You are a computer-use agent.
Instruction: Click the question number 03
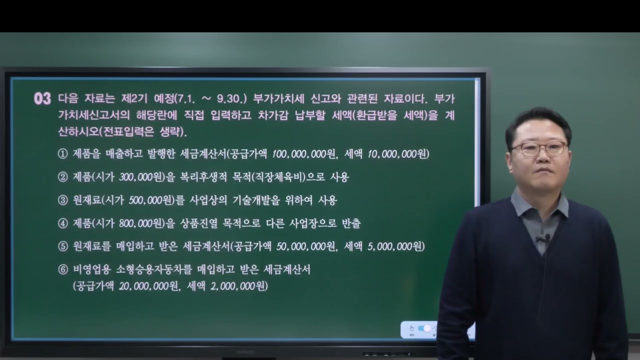point(42,98)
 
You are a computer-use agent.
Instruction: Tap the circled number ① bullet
point(62,154)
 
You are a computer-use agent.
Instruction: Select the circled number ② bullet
point(62,177)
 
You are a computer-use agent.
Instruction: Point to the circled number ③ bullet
point(62,200)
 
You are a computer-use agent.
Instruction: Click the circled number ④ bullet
point(62,223)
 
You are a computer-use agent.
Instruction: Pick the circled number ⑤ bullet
point(62,246)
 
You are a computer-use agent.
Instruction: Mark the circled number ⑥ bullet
point(62,269)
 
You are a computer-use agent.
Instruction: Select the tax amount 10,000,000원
point(398,154)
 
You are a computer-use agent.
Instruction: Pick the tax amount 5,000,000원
point(395,246)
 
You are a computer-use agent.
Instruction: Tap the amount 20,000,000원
point(148,286)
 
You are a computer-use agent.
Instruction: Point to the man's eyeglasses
point(539,148)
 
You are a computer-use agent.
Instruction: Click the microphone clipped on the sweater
point(546,237)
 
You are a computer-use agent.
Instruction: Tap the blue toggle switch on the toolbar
point(424,328)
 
